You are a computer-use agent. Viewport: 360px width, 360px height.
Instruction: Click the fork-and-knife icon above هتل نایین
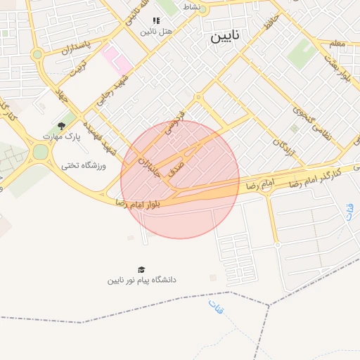(x=155, y=20)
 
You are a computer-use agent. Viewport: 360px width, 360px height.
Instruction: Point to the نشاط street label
(x=191, y=6)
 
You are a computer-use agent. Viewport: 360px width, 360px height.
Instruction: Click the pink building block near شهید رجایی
(x=116, y=58)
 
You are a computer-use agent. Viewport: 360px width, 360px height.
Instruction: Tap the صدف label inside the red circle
(x=177, y=168)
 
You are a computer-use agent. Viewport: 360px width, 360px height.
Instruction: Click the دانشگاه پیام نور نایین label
(x=141, y=280)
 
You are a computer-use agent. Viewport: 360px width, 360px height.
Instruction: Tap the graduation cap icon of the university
(x=141, y=269)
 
